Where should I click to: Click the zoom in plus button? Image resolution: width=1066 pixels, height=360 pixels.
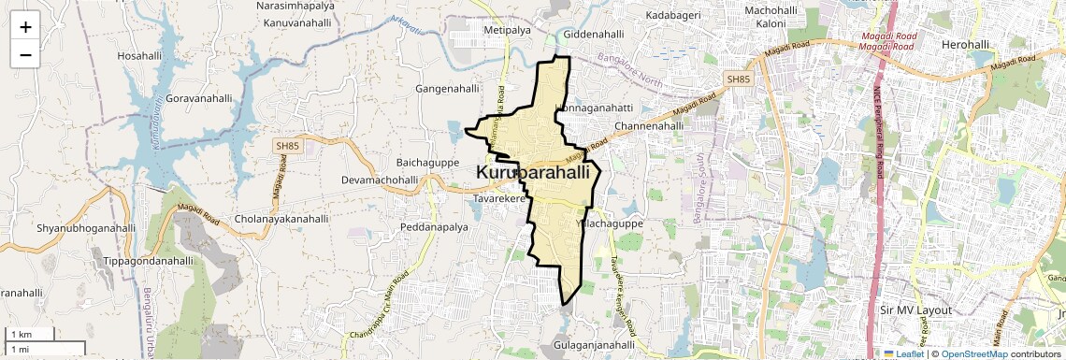coord(25,26)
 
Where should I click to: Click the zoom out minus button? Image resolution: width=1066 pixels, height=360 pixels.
coord(25,54)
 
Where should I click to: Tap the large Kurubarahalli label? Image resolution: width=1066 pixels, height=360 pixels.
coord(533,173)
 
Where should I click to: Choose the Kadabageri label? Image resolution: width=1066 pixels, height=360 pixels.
coord(672,17)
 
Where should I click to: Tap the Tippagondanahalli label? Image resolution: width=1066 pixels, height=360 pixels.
coord(148,261)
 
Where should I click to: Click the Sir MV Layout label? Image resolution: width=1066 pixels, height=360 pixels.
coord(915,310)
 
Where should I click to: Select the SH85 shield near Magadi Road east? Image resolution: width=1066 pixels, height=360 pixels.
coord(739,80)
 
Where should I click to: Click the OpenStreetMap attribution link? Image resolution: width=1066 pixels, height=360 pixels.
coord(973,353)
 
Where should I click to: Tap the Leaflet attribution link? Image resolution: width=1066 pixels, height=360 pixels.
coord(909,353)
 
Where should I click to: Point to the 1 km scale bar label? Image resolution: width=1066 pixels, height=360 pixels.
coord(22,334)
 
